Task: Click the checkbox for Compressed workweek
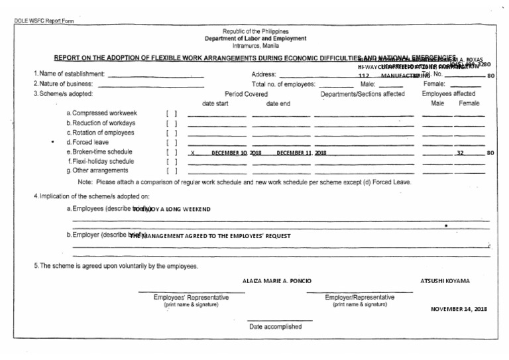pos(171,114)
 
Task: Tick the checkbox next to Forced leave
pos(171,143)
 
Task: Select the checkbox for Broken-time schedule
pos(171,152)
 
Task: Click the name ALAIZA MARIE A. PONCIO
pos(277,280)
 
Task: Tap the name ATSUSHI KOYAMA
pos(445,280)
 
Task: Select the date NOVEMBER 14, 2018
pos(459,309)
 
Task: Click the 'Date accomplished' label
pos(275,326)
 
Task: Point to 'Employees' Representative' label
pos(192,297)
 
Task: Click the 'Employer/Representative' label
pos(359,297)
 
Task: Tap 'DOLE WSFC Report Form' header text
pos(44,20)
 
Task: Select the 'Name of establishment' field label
pos(69,74)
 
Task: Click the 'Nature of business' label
pos(66,84)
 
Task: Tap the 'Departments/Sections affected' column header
pos(362,94)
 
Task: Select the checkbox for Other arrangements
pos(171,171)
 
